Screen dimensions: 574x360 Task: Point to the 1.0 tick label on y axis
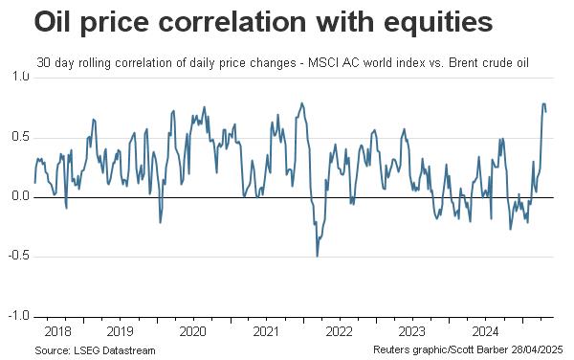(20, 77)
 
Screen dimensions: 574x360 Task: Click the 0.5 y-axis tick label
(20, 137)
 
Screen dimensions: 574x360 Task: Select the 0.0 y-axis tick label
(20, 196)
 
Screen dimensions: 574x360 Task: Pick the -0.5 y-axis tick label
(19, 256)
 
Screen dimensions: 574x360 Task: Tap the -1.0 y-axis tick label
(19, 315)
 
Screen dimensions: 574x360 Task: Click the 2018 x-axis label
(57, 332)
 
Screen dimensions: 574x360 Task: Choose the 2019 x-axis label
(121, 332)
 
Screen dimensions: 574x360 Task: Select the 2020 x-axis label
(193, 332)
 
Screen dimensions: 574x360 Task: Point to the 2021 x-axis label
(266, 332)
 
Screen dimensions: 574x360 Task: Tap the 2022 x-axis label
(339, 332)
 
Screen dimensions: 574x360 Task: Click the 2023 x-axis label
(411, 332)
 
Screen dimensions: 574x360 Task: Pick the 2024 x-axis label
(485, 332)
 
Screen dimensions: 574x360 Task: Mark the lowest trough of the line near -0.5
(317, 256)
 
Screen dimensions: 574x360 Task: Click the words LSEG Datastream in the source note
(115, 350)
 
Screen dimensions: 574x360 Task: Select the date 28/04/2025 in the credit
(537, 349)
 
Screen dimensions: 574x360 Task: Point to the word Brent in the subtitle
(464, 63)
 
